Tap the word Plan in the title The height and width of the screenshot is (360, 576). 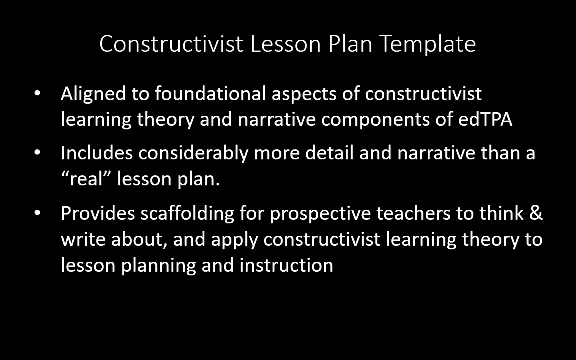point(350,44)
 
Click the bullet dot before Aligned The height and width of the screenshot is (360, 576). point(38,93)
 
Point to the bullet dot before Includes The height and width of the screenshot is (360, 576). point(38,153)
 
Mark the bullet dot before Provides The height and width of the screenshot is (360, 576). point(38,213)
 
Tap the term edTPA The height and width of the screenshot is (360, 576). point(485,119)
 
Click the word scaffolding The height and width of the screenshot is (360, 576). point(187,214)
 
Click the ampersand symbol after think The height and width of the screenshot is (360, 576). point(535,213)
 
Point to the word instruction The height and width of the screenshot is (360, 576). point(286,265)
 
